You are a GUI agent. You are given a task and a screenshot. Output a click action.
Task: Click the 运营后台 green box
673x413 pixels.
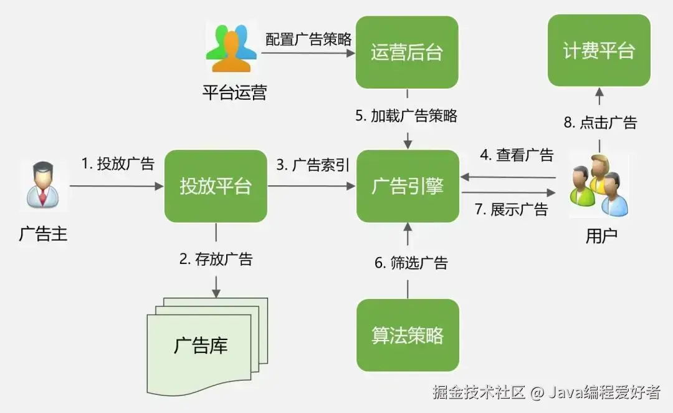click(407, 52)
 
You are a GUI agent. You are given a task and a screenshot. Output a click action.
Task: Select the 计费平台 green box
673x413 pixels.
click(599, 51)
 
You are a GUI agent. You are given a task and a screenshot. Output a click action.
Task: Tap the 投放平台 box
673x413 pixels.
click(216, 186)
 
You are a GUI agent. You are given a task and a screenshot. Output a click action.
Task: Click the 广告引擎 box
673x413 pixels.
click(408, 186)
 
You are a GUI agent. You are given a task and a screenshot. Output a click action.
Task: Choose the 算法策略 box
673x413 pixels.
click(408, 335)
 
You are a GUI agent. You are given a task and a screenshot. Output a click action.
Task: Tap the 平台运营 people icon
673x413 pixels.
click(231, 50)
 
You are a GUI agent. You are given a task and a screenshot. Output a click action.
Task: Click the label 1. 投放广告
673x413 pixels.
click(118, 164)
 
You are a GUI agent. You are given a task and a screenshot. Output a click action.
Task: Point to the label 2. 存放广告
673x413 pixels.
click(216, 259)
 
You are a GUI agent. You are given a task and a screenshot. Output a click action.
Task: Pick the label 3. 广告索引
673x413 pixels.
click(313, 165)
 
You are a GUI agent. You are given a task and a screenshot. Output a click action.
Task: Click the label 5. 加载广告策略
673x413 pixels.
click(407, 115)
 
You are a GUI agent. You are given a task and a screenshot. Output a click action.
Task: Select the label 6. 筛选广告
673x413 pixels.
click(411, 263)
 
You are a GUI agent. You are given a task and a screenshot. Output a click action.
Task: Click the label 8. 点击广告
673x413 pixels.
click(600, 122)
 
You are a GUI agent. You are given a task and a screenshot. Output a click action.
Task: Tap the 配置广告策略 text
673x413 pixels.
click(308, 39)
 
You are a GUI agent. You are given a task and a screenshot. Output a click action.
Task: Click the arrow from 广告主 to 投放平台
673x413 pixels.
click(115, 186)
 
